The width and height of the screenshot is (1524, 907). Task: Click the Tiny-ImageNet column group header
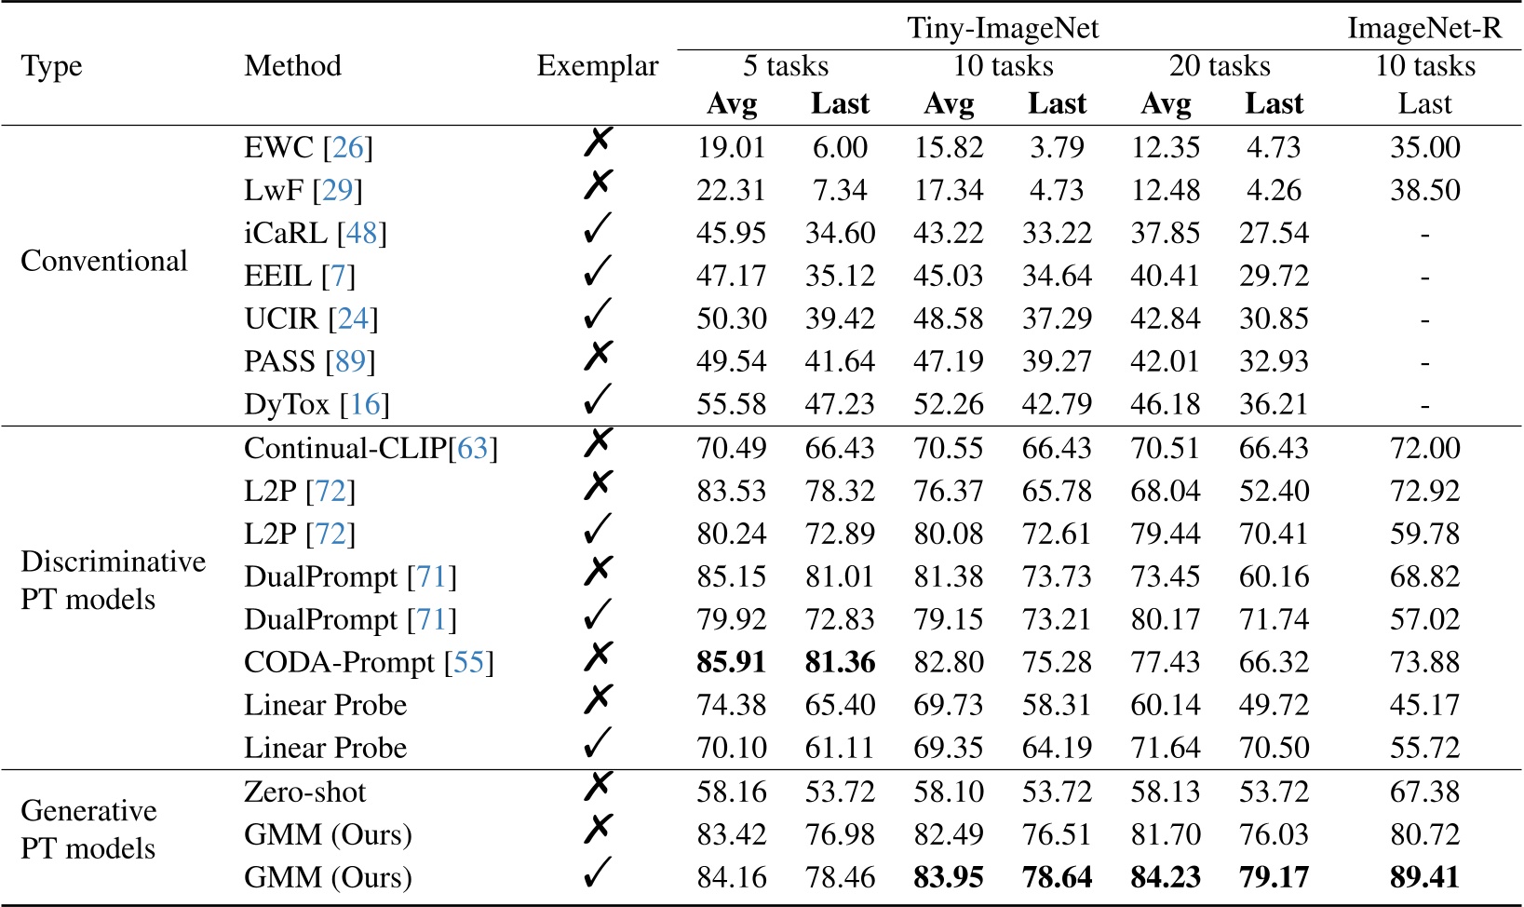1003,28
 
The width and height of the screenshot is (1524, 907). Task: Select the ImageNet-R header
1424,28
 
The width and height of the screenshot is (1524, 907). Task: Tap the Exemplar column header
598,66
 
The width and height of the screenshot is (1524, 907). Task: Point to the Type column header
51,66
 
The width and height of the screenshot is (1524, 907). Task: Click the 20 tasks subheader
1220,66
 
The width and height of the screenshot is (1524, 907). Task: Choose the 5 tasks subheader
786,66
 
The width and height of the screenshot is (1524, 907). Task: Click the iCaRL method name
285,233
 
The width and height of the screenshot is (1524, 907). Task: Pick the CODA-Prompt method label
339,662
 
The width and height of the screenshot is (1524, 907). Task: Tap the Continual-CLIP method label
345,448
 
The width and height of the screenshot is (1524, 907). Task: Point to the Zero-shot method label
305,792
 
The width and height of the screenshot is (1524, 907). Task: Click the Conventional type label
104,261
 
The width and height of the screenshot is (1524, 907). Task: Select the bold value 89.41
1424,877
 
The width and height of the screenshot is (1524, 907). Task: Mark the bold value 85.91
731,662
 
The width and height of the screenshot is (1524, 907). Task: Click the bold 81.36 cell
840,662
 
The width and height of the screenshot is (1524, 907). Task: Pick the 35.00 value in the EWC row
1424,147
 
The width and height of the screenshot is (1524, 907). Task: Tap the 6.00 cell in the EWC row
840,147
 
